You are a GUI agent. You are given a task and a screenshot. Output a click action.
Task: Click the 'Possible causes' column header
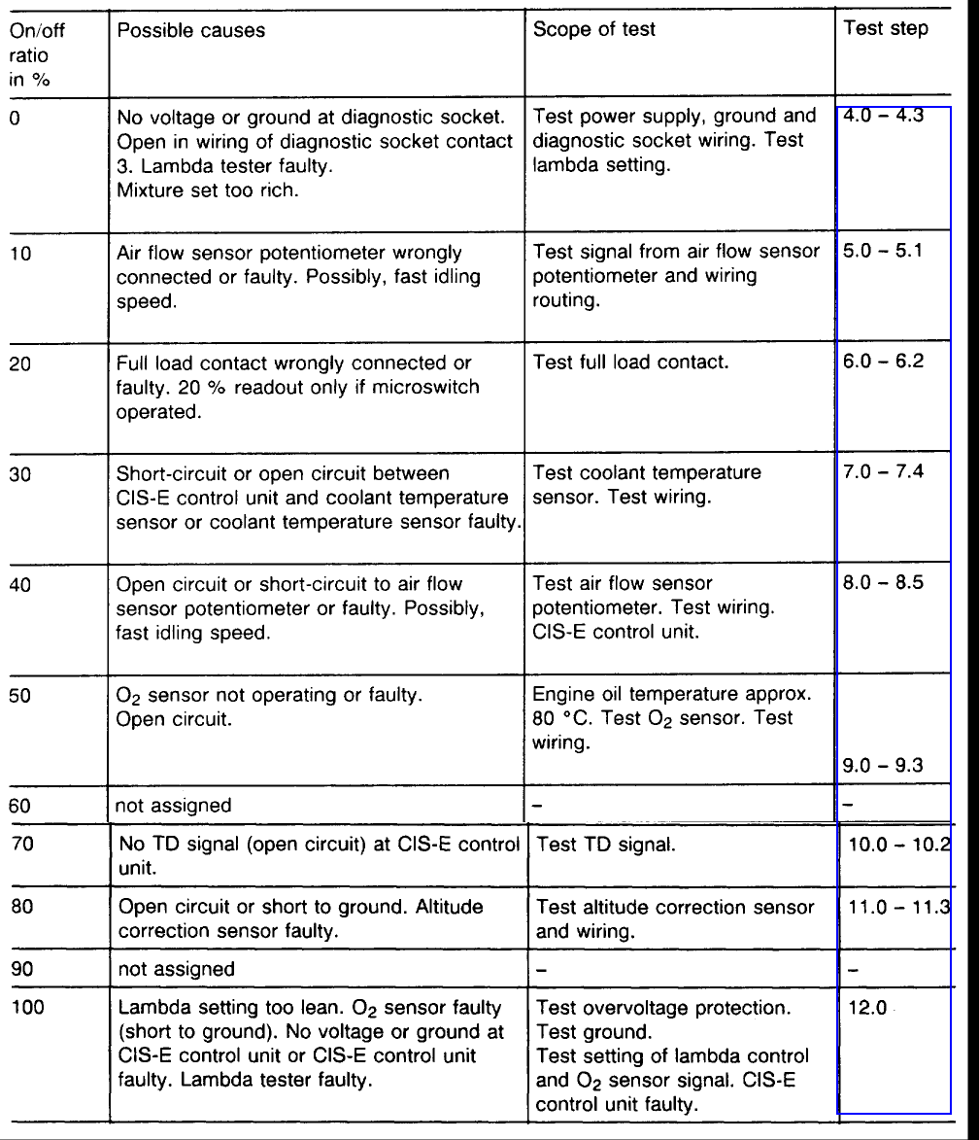[190, 30]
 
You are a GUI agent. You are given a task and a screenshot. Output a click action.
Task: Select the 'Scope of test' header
[593, 29]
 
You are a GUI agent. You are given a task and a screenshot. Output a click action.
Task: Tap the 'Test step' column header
[885, 28]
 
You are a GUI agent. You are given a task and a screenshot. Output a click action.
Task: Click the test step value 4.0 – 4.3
[882, 117]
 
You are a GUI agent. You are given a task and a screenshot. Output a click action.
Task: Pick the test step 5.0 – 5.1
[882, 251]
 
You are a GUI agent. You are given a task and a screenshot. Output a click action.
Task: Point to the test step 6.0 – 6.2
[882, 361]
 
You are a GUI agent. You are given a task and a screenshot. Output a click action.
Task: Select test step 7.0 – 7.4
[882, 472]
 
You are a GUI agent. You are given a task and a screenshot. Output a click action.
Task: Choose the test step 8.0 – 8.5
[882, 583]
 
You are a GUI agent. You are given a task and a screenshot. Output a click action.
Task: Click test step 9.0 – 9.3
[882, 766]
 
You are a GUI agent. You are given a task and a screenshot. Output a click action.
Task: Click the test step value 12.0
[868, 1008]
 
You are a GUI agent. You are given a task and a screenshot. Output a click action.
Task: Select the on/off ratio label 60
[20, 805]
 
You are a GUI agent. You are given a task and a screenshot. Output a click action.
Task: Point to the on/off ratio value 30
[20, 474]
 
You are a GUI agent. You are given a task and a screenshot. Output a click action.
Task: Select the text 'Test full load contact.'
[630, 363]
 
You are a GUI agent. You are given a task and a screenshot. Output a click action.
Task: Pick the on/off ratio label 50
[20, 696]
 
